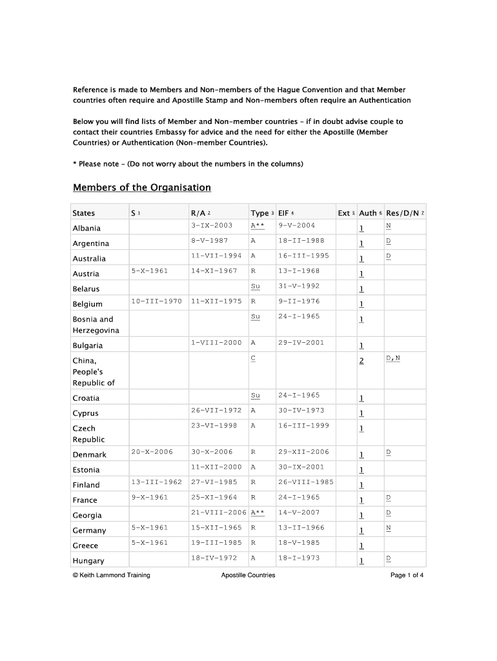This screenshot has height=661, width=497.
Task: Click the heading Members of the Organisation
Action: point(142,188)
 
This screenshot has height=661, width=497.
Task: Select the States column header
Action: point(84,213)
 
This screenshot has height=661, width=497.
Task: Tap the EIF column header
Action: point(285,213)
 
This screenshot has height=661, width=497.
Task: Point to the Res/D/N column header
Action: point(404,213)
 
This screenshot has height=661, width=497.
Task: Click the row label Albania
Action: point(86,229)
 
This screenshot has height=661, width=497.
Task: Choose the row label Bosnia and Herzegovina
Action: point(93,325)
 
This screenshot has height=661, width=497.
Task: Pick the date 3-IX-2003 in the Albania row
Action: point(212,225)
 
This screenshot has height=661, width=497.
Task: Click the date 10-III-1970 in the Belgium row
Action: point(156,301)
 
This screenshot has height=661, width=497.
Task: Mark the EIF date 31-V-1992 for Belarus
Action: point(299,286)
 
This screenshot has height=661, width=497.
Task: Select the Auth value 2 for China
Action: point(361,361)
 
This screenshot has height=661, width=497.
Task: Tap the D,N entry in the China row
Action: point(393,358)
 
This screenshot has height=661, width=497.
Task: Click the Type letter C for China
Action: point(253,358)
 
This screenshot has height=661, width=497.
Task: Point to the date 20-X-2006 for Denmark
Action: point(152,452)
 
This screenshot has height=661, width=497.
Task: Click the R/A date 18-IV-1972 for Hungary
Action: point(214,558)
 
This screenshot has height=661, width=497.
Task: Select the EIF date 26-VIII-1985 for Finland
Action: point(306,482)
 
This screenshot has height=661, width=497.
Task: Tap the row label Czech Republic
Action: point(84,434)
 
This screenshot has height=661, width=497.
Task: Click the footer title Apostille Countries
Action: point(248,575)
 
